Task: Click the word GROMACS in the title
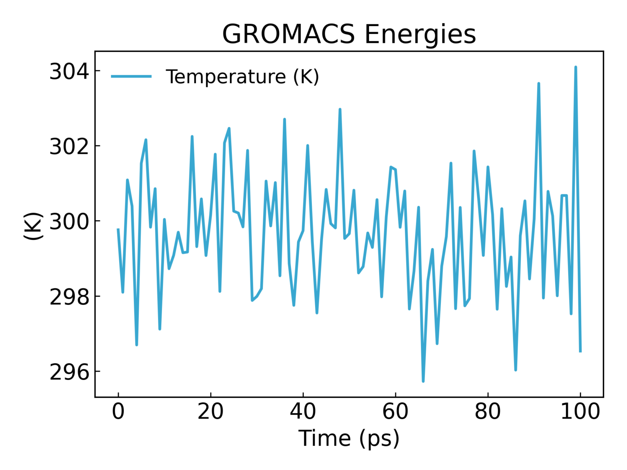(288, 34)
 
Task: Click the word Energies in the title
(420, 35)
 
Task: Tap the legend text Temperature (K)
(242, 77)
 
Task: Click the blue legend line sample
(131, 76)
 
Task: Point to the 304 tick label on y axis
(69, 71)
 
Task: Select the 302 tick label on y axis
(69, 146)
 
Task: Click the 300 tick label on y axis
(69, 222)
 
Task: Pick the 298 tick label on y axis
(69, 297)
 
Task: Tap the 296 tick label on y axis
(69, 372)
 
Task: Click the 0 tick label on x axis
(118, 411)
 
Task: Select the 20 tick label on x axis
(211, 411)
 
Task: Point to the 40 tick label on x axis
(303, 411)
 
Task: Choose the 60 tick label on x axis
(395, 411)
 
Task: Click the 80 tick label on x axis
(487, 411)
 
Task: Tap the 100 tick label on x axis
(580, 411)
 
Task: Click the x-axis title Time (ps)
(349, 439)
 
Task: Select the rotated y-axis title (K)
(33, 226)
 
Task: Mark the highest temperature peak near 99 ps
(576, 67)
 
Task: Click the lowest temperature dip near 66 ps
(423, 381)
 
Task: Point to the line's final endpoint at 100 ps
(580, 351)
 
